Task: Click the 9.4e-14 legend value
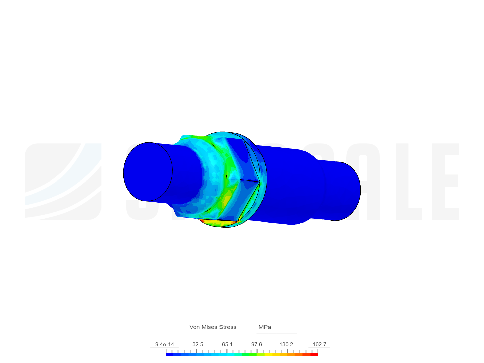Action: (164, 344)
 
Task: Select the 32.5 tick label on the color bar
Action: (198, 344)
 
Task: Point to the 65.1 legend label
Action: (227, 344)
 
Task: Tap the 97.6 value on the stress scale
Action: (256, 344)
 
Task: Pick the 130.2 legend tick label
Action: (286, 344)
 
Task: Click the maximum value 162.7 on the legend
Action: (319, 344)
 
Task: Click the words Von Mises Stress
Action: (213, 327)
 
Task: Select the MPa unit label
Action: (265, 327)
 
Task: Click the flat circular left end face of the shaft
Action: (148, 172)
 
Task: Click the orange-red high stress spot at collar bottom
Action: (215, 222)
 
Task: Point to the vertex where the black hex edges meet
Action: (260, 182)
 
